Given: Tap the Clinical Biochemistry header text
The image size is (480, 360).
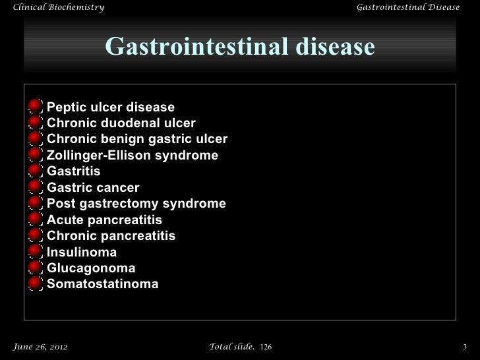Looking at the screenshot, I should [x=54, y=7].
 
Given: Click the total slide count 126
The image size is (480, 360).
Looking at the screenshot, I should [x=266, y=346].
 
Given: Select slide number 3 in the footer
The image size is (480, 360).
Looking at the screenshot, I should [x=465, y=346].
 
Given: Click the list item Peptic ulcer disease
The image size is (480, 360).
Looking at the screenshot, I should [x=111, y=107].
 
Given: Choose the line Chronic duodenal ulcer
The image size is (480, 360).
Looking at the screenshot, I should [x=121, y=123].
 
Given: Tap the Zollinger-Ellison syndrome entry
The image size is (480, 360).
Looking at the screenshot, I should [x=133, y=156].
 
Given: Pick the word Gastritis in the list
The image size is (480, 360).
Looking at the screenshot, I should [x=74, y=171].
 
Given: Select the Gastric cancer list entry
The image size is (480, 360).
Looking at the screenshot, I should [x=93, y=187].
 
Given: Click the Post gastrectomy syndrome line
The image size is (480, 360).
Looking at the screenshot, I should [x=136, y=204].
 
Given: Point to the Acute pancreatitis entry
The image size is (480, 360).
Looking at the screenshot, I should [x=104, y=220].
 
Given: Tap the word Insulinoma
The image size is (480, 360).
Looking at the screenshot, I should [x=82, y=252].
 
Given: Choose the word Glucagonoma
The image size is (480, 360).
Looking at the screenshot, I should [x=91, y=268].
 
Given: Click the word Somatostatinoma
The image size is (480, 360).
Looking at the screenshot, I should [x=103, y=284].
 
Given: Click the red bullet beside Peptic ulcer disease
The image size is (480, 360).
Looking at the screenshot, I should [x=36, y=107].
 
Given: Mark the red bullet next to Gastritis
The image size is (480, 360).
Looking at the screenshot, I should [x=36, y=171].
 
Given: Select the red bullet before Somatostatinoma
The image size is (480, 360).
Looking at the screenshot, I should [x=36, y=284].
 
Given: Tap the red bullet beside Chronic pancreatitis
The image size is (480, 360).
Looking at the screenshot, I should [x=36, y=236].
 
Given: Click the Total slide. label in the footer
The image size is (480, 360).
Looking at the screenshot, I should [x=231, y=346].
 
